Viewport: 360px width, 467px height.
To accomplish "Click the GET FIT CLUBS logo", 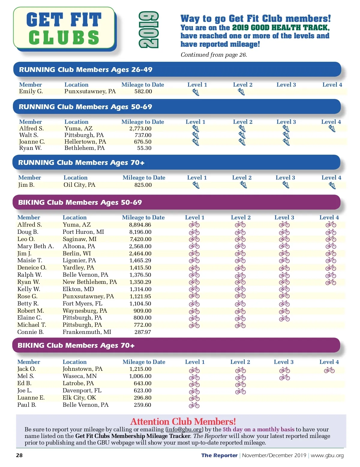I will pyautogui.click(x=64, y=28).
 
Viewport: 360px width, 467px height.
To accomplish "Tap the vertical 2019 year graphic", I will pyautogui.click(x=148, y=30).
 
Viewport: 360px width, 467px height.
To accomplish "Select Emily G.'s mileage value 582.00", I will pyautogui.click(x=143, y=91).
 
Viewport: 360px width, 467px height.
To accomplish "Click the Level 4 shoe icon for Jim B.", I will pyautogui.click(x=332, y=186).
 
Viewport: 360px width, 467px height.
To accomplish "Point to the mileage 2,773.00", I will pyautogui.click(x=140, y=129).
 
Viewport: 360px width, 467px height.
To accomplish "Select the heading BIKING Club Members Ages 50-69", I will pyautogui.click(x=80, y=202).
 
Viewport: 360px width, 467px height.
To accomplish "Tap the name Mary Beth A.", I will pyautogui.click(x=36, y=246).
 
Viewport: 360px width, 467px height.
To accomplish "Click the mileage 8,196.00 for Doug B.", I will pyautogui.click(x=140, y=232).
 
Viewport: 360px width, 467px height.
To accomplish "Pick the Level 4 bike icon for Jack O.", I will pyautogui.click(x=329, y=370).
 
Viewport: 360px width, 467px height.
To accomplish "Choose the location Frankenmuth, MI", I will pyautogui.click(x=87, y=332).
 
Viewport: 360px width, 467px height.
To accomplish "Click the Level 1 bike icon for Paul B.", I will pyautogui.click(x=194, y=405).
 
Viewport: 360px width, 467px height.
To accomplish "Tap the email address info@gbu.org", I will pyautogui.click(x=184, y=430).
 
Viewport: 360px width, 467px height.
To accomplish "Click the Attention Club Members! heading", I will pyautogui.click(x=183, y=422).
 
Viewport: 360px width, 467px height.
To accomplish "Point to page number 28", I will pyautogui.click(x=19, y=455).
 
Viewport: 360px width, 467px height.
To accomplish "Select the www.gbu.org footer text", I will pyautogui.click(x=327, y=456).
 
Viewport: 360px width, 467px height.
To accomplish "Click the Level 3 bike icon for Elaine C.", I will pyautogui.click(x=284, y=318).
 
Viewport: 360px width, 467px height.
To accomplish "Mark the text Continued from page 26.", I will pyautogui.click(x=214, y=55).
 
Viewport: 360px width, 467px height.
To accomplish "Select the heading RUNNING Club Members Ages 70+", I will pyautogui.click(x=81, y=162).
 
